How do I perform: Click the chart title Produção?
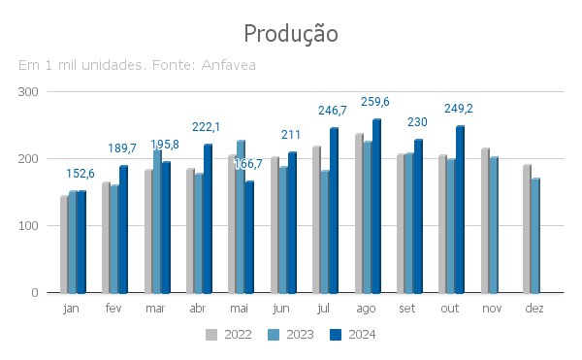tap(291, 34)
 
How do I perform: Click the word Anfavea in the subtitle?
tap(228, 65)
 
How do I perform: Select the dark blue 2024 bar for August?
tap(376, 206)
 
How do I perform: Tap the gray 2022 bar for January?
tap(64, 245)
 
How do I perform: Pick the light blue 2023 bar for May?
tap(241, 217)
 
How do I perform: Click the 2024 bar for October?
tap(460, 210)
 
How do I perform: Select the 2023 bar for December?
tap(535, 236)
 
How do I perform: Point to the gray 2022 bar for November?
tap(485, 221)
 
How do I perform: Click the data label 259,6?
tap(375, 102)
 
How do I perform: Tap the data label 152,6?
tap(81, 174)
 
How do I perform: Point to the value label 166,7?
tap(248, 164)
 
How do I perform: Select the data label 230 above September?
tap(417, 122)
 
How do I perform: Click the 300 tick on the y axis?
tap(28, 92)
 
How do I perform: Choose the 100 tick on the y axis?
tap(28, 226)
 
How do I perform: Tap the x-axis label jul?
tap(323, 309)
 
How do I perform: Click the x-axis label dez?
tap(534, 308)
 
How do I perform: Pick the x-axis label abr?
tap(198, 308)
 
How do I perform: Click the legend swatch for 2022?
tap(211, 335)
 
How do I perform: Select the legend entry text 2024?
tap(362, 335)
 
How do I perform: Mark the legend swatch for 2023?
tap(274, 335)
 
